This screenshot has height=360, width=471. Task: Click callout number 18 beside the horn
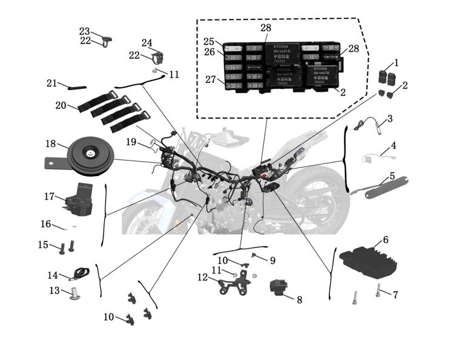pos(51,144)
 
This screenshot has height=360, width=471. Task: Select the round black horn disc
pos(90,155)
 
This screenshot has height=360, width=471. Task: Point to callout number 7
pos(395,295)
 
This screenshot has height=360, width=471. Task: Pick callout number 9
pos(272,261)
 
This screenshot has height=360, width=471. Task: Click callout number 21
pos(51,83)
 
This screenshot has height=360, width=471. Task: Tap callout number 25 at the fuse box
pos(209,42)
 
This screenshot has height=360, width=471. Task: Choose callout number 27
pos(209,79)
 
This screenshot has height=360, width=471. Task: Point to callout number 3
pos(390,119)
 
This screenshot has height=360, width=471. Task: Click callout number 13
pos(54,291)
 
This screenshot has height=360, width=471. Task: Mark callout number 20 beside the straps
pos(61,105)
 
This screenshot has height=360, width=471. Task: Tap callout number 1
pos(397,63)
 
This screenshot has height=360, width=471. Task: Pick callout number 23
pos(84,31)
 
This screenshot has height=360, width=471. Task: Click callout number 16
pos(46,224)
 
